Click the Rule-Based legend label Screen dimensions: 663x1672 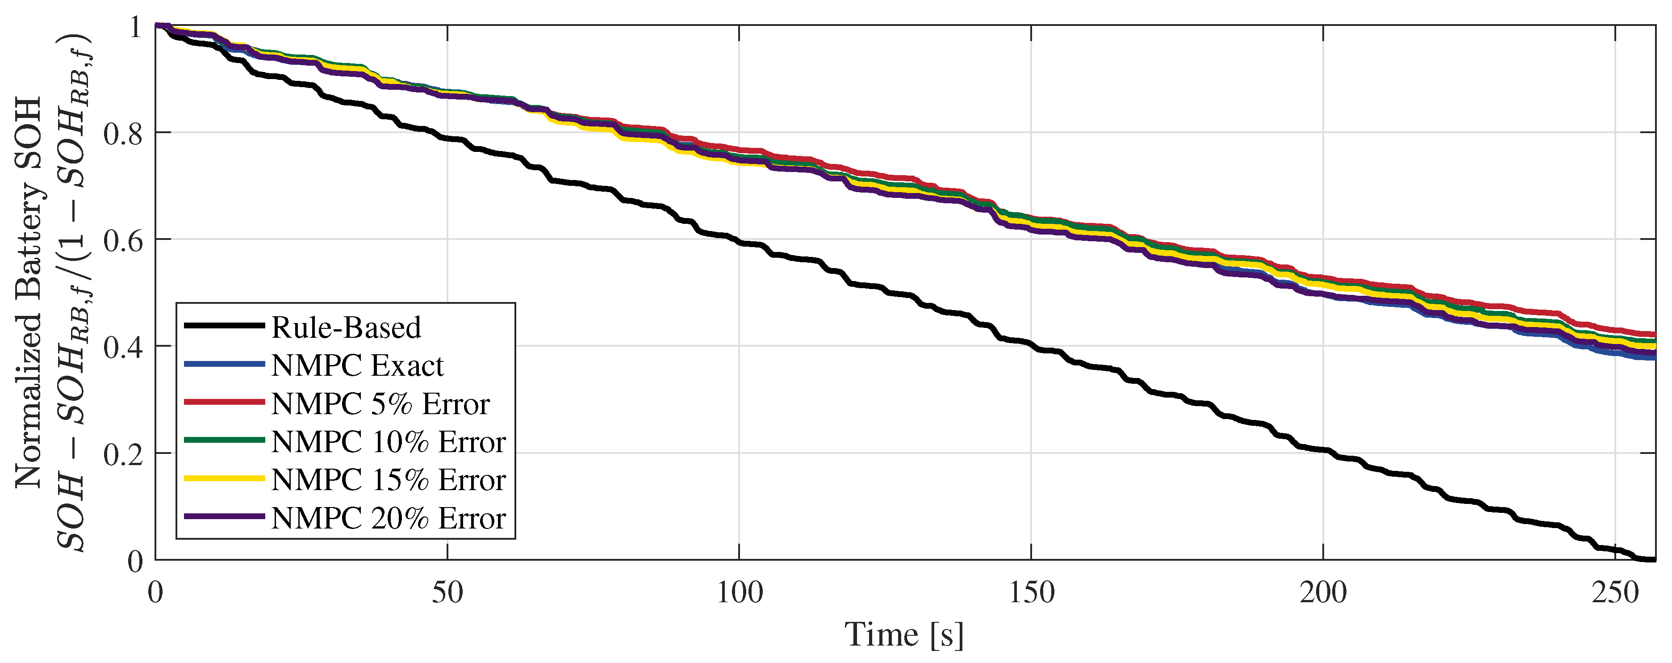[x=346, y=327]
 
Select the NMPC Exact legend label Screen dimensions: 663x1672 [x=357, y=365]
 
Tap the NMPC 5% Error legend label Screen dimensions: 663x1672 [x=380, y=404]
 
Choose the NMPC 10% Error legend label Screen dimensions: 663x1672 [x=388, y=442]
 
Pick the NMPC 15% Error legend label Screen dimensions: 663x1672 [x=388, y=480]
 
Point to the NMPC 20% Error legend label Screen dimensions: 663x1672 [x=388, y=518]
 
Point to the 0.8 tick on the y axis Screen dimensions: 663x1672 [x=123, y=133]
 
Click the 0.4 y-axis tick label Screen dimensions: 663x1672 [x=123, y=347]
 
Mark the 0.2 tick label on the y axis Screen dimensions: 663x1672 [x=123, y=454]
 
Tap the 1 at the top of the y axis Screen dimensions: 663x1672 [x=135, y=27]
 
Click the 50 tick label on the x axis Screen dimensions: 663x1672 [x=447, y=592]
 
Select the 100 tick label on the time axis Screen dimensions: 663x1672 [x=739, y=592]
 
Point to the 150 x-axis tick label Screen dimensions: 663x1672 [x=1031, y=592]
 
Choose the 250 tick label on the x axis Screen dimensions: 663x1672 [x=1614, y=592]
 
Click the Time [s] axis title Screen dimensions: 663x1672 [x=904, y=634]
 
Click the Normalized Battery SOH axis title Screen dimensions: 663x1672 [x=29, y=292]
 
